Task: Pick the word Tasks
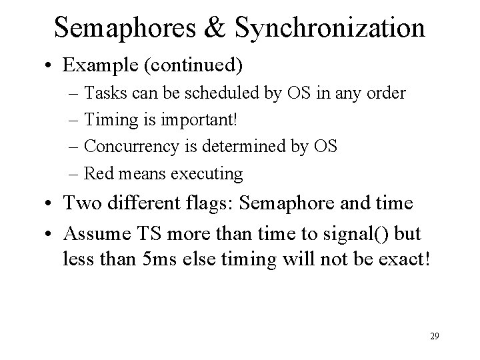click(103, 93)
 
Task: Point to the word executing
click(207, 173)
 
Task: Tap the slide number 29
click(434, 336)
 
